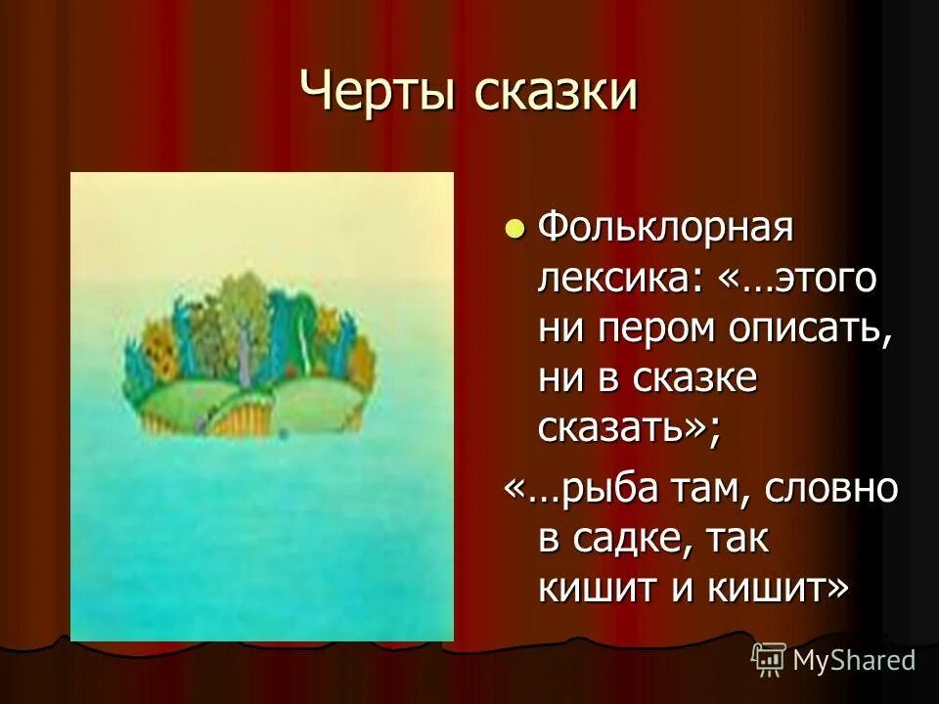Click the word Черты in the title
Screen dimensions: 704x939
(x=377, y=95)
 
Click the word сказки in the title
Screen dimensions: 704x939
(x=557, y=95)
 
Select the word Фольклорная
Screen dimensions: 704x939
(x=664, y=232)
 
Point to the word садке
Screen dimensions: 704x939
(x=631, y=537)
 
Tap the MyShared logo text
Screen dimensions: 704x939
(x=854, y=661)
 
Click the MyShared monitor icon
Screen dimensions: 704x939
(x=768, y=659)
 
